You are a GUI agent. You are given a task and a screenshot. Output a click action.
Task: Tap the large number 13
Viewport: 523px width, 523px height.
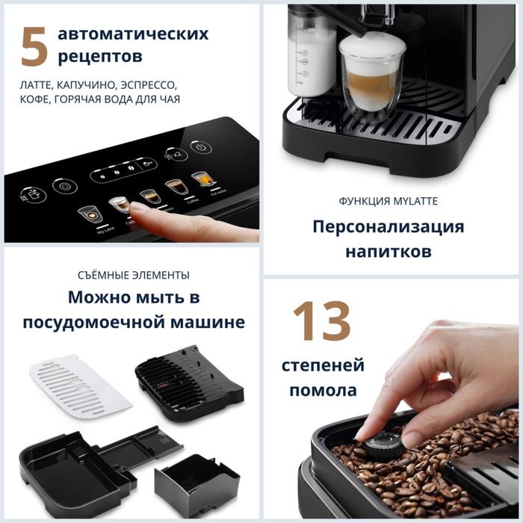pos(321,321)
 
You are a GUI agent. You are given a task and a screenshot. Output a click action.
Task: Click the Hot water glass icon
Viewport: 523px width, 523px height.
pos(202,180)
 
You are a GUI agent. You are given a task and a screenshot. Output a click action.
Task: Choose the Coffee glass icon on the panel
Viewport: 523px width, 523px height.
pos(176,187)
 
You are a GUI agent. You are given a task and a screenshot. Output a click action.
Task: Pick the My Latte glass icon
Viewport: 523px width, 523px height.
pos(90,214)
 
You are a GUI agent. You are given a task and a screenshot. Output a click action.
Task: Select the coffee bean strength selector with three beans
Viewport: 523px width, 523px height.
pos(115,173)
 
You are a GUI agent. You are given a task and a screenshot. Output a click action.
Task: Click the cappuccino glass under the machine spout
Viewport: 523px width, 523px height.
pos(371,75)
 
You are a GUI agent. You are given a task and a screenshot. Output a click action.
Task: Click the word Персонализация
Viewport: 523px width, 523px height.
pos(388,226)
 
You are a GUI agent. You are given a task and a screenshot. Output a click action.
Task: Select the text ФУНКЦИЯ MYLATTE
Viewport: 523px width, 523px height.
pos(388,200)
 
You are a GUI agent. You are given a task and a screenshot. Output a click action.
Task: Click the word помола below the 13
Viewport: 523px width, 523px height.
pos(323,390)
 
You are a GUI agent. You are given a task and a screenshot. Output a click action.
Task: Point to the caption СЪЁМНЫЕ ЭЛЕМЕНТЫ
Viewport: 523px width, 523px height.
pos(133,275)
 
